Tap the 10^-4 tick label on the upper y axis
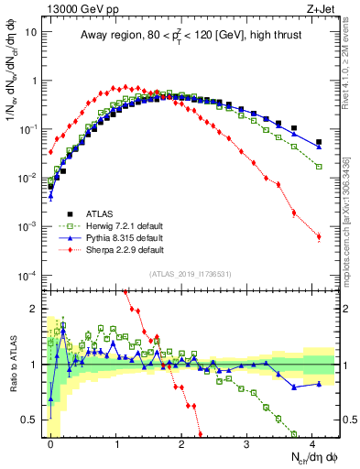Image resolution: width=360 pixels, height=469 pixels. (27, 276)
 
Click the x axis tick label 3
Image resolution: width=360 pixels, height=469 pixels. (247, 444)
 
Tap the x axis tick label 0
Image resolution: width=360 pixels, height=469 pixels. (51, 444)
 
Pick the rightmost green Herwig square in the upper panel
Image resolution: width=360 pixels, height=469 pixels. (319, 167)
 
